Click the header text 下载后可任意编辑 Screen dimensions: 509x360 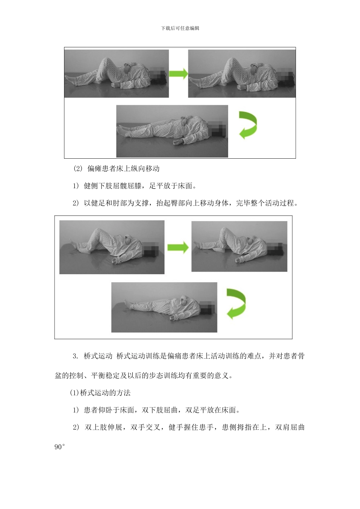[180, 28]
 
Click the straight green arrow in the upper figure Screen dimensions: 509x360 [178, 73]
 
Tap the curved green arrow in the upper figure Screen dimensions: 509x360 [248, 125]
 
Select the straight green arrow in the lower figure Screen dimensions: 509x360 [178, 248]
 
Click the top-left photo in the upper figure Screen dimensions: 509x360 [117, 73]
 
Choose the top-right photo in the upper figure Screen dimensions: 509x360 [242, 73]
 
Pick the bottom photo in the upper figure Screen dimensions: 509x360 [172, 131]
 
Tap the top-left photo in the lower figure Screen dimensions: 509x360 [112, 247]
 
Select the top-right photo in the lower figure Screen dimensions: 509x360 [239, 247]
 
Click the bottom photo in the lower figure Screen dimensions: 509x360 [164, 307]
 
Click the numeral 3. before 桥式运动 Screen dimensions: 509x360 [76, 356]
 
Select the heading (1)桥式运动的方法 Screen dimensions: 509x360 [100, 393]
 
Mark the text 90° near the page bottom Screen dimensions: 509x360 [60, 447]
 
